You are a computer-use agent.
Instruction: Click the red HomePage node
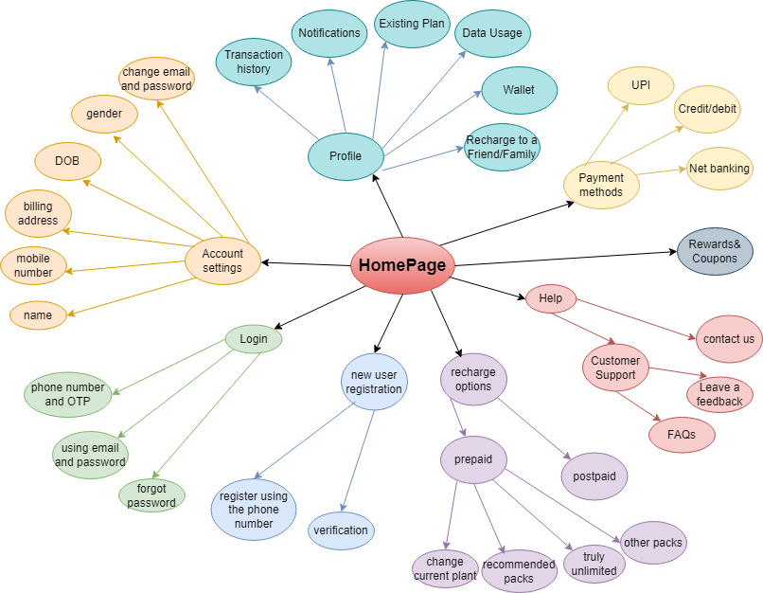pyautogui.click(x=402, y=266)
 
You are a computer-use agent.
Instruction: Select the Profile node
pyautogui.click(x=345, y=156)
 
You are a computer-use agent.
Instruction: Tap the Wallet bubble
pyautogui.click(x=518, y=90)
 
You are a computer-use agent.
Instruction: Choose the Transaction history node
pyautogui.click(x=254, y=63)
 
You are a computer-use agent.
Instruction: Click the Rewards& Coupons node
pyautogui.click(x=714, y=251)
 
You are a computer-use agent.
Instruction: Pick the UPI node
pyautogui.click(x=641, y=85)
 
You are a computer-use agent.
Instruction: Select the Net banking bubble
pyautogui.click(x=719, y=170)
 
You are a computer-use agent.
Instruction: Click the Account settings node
pyautogui.click(x=222, y=261)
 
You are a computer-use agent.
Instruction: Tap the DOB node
pyautogui.click(x=67, y=161)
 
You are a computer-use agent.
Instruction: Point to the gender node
pyautogui.click(x=104, y=114)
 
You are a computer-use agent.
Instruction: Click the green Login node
pyautogui.click(x=253, y=339)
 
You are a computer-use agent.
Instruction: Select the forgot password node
pyautogui.click(x=151, y=495)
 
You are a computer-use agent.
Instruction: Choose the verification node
pyautogui.click(x=341, y=530)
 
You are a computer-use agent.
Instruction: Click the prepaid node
pyautogui.click(x=473, y=460)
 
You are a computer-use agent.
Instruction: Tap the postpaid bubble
pyautogui.click(x=594, y=475)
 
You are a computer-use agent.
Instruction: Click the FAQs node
pyautogui.click(x=682, y=435)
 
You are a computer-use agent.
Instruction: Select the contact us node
pyautogui.click(x=729, y=339)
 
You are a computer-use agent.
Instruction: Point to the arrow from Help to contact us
pyautogui.click(x=634, y=318)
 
